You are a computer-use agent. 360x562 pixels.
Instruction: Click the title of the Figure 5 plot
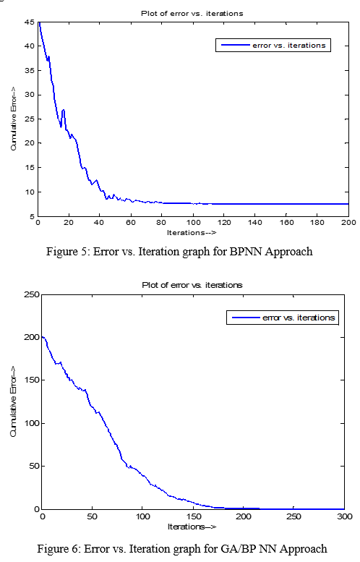[192, 14]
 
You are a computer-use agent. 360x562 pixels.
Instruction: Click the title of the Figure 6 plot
[192, 285]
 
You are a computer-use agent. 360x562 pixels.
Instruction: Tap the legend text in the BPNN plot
[289, 46]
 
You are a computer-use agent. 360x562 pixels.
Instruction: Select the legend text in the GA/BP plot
[299, 318]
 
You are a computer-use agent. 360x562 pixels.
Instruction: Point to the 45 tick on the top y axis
[30, 22]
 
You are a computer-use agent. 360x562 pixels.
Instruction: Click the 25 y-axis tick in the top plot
[30, 119]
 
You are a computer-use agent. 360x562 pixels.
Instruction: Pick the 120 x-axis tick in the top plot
[224, 223]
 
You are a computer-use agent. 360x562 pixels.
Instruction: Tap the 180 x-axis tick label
[317, 223]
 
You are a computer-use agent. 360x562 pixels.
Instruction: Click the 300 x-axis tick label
[345, 516]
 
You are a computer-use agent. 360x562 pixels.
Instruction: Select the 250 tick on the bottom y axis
[32, 294]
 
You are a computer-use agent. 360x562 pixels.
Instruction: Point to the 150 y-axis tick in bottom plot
[32, 380]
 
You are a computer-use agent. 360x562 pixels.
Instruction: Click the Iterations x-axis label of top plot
[192, 233]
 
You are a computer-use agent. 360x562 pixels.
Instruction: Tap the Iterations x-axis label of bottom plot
[192, 527]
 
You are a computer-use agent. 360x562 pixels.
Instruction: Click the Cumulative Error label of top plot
[14, 119]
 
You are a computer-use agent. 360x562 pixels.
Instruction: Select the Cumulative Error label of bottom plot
[14, 401]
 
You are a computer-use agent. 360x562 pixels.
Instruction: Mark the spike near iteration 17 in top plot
[64, 111]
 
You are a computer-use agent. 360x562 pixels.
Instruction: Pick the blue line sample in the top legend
[236, 45]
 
